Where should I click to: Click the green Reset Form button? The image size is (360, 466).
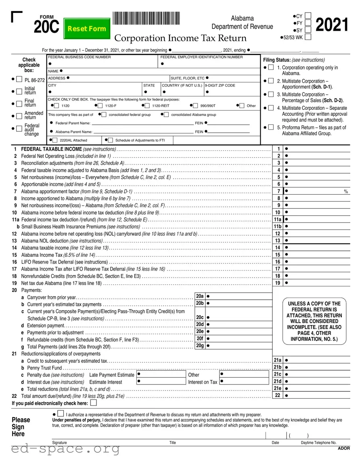click(87, 28)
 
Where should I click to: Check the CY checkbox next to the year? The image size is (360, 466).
click(308, 16)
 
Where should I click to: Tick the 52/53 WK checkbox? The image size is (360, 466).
click(308, 37)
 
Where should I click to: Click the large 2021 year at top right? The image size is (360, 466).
click(332, 25)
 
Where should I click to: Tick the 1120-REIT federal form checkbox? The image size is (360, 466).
click(147, 106)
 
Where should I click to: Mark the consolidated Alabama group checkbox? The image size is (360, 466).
click(166, 115)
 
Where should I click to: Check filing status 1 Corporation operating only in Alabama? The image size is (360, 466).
click(271, 67)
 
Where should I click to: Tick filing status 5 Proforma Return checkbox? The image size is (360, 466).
click(271, 127)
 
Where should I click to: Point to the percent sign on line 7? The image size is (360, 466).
click(346, 191)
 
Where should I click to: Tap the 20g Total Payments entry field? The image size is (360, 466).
click(238, 346)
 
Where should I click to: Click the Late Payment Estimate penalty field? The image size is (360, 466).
click(161, 374)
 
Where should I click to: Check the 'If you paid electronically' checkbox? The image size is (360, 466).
click(94, 403)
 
